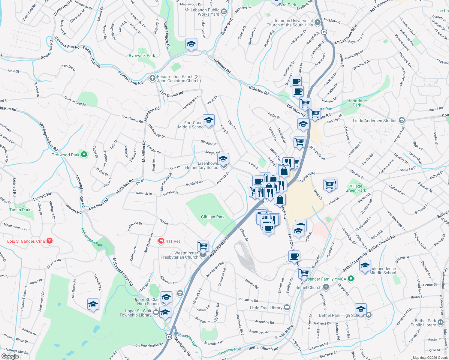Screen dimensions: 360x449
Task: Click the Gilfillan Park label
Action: pos(212,217)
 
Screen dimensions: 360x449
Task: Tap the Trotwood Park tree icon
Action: pos(84,154)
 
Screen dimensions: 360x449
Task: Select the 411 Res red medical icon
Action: pos(161,241)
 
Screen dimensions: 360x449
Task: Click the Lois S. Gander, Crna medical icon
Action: pos(50,241)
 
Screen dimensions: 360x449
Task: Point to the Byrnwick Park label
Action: pos(142,55)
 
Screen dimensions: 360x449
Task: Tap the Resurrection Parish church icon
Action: pos(152,79)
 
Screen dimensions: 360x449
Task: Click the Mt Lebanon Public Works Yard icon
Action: pos(224,12)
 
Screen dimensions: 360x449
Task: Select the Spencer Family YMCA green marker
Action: pos(351,279)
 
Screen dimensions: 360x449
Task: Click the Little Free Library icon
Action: pos(287,307)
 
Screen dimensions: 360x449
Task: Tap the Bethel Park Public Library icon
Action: pos(440,322)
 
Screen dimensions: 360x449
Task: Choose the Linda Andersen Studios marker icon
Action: pos(402,121)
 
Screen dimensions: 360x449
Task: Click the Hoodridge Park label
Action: pos(357,103)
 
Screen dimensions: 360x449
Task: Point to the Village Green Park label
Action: pos(356,188)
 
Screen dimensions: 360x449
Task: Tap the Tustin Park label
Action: pos(20,210)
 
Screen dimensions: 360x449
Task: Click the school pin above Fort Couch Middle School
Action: pos(209,121)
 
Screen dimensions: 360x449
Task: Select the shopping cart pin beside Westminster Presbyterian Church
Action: pos(203,246)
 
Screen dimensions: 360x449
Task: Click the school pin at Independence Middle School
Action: pos(365,266)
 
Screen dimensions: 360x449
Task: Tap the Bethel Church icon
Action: pos(326,287)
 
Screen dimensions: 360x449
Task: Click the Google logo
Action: pos(10,356)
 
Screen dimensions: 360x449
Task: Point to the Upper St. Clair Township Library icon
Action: pos(156,312)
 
